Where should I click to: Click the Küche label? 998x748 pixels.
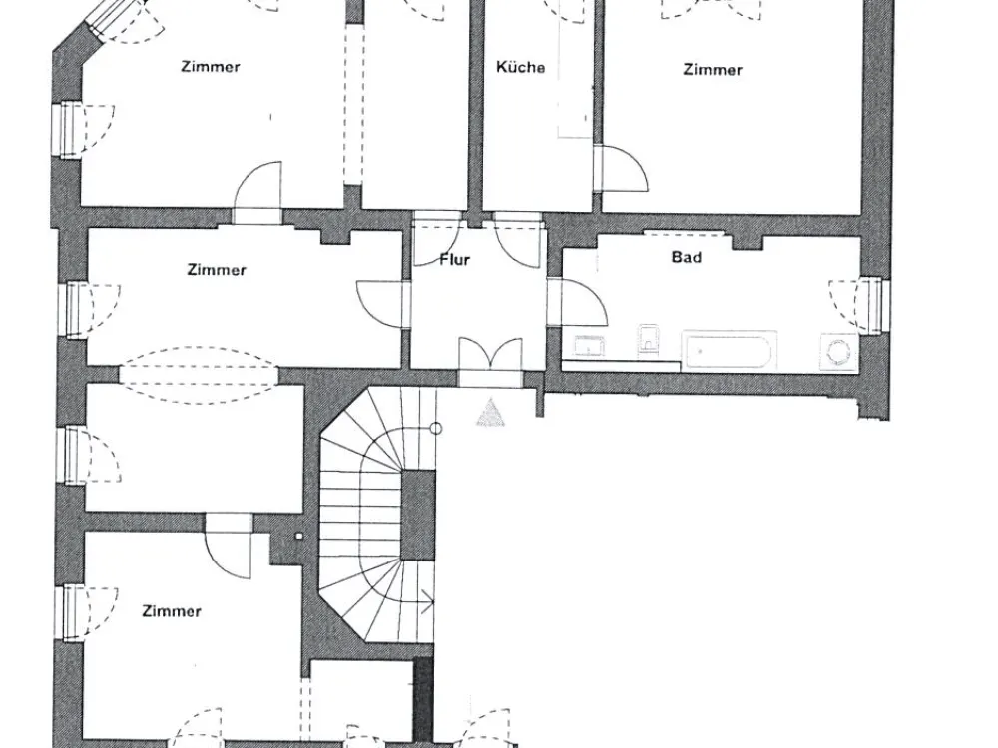point(520,67)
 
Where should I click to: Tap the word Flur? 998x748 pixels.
point(455,259)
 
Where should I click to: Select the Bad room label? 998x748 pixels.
point(687,257)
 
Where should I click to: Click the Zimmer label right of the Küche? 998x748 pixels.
point(713,70)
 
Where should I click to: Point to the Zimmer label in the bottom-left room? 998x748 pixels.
point(172,611)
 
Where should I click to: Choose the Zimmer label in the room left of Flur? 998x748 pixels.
point(217,269)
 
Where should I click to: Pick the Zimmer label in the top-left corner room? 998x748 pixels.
point(210,66)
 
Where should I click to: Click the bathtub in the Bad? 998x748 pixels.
point(730,350)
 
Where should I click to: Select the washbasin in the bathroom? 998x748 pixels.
point(590,347)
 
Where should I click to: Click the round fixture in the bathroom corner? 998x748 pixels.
point(838,352)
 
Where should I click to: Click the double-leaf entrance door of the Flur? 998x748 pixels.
point(491,361)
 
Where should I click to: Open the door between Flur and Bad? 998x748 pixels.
point(577,303)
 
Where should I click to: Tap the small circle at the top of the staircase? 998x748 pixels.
point(436,428)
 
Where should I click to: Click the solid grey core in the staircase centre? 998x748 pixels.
point(417,516)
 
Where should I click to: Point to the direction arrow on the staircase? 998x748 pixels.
point(426,601)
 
